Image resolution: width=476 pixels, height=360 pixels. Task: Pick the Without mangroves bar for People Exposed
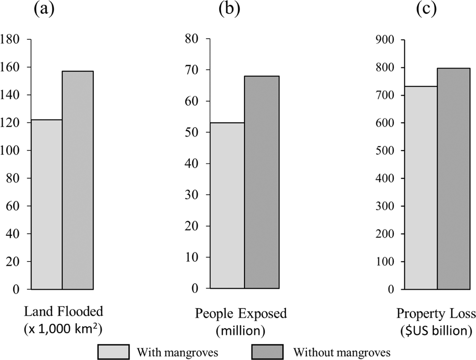(262, 182)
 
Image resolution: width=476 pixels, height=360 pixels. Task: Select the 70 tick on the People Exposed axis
(191, 70)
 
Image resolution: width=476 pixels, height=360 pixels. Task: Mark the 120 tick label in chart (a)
(10, 123)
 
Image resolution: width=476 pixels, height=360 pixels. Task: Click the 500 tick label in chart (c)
(385, 151)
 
